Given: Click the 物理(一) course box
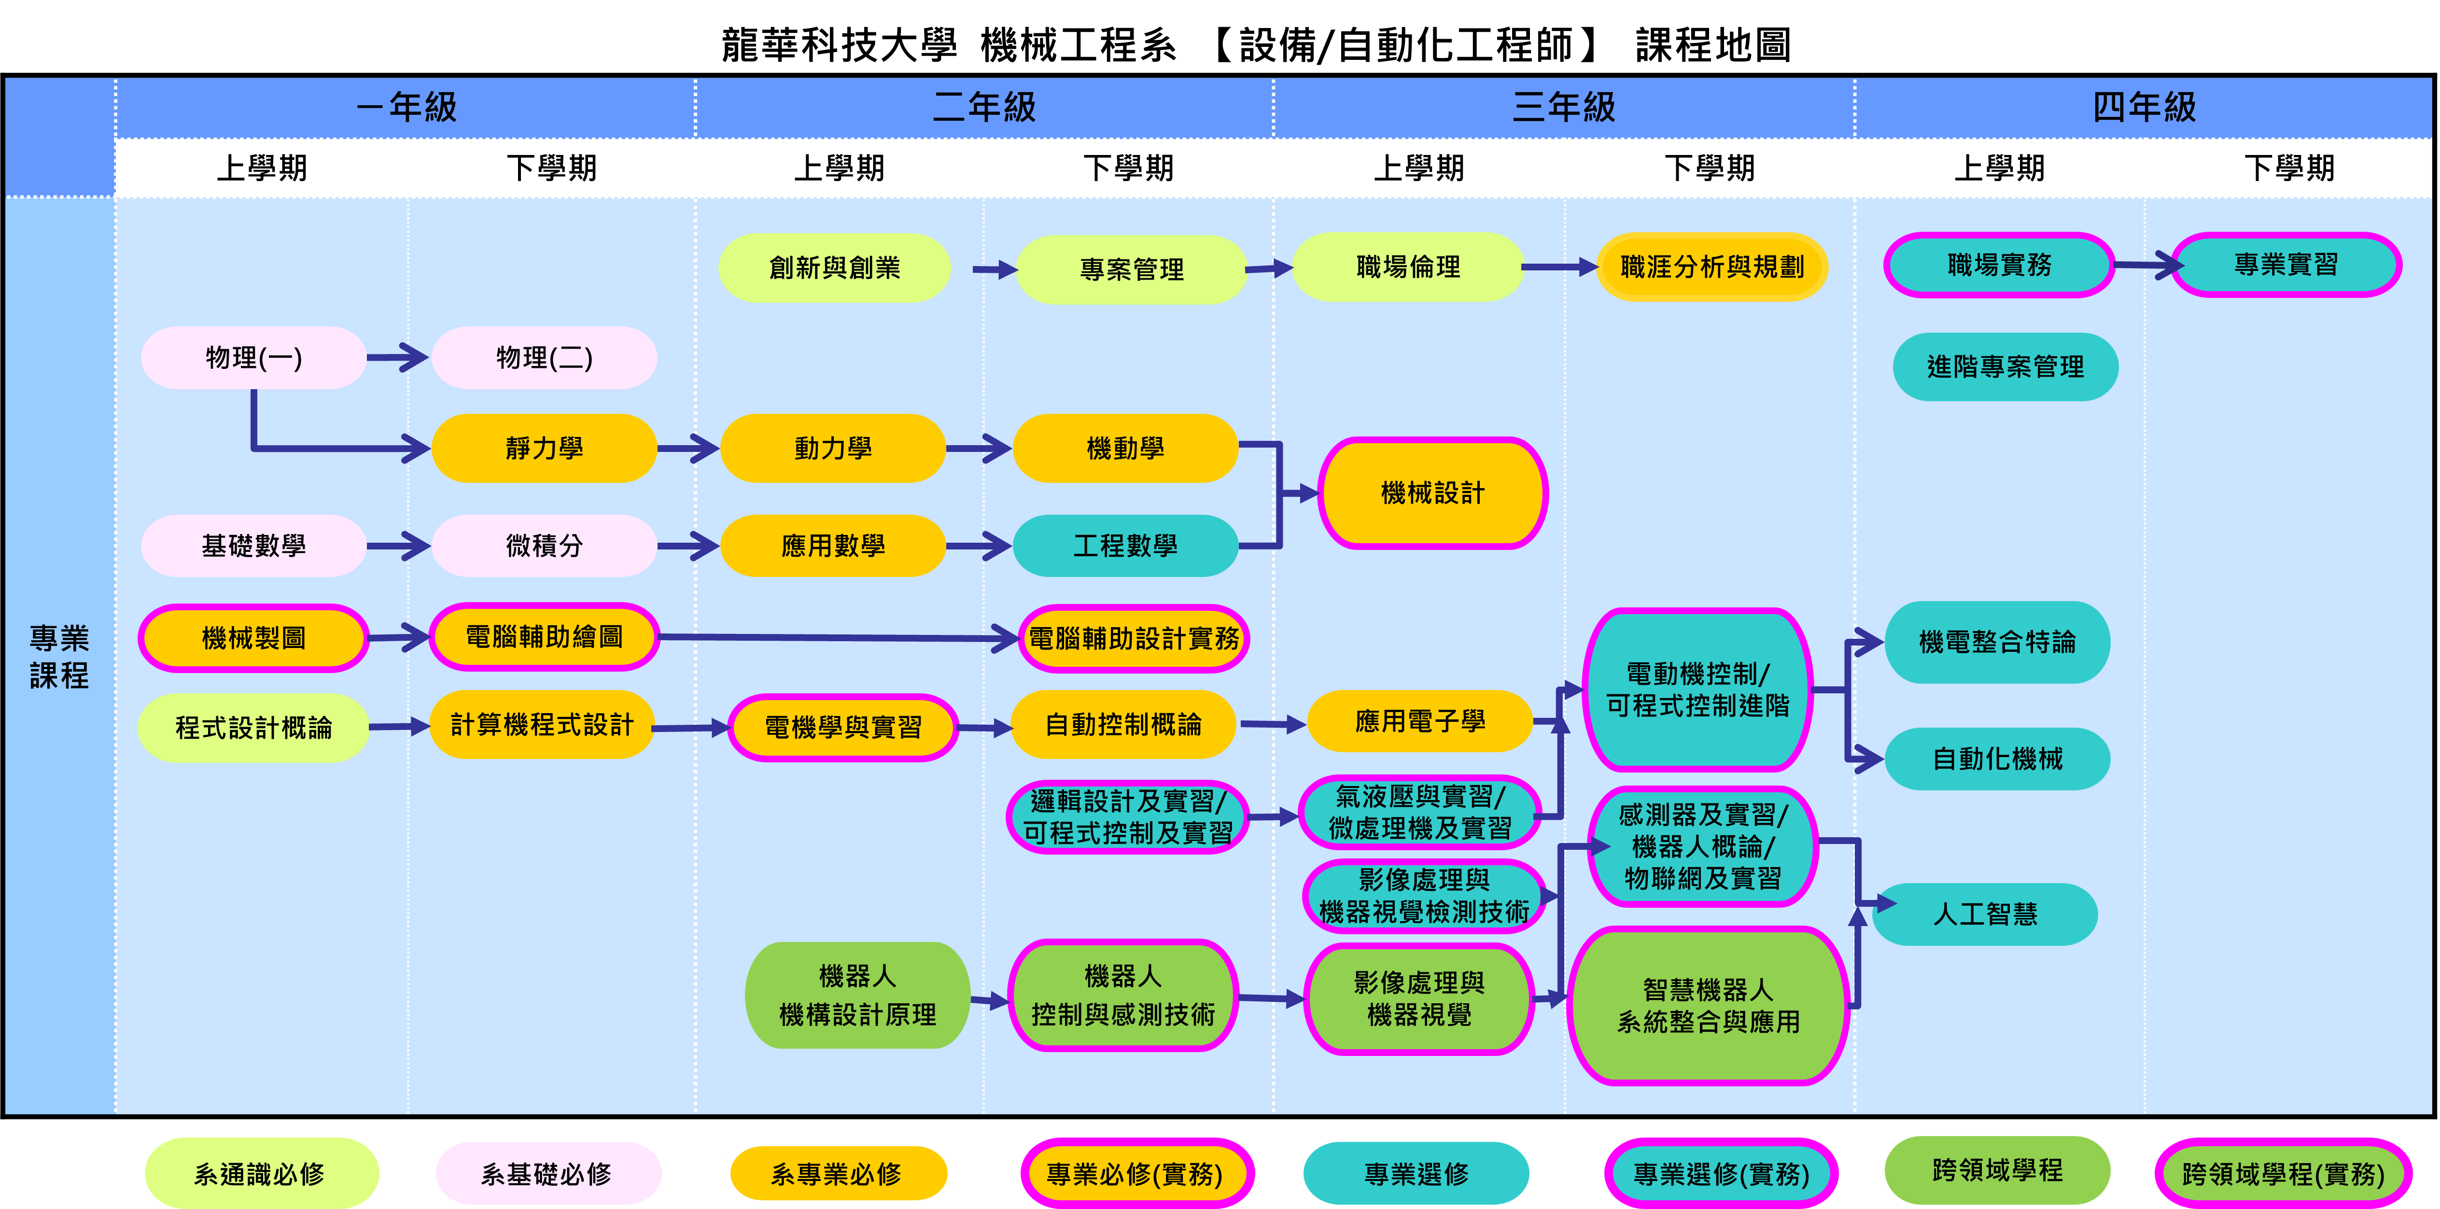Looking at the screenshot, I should pos(253,358).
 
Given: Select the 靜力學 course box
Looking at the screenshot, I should pos(544,448).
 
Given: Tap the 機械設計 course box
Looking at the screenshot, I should pos(1432,492).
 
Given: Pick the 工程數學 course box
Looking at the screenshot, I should pos(1125,546).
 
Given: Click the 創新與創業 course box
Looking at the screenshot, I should pos(834,268).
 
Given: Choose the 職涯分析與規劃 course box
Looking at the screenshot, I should pos(1711,267).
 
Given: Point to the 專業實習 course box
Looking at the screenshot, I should pos(2286,265).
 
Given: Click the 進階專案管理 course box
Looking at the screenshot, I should pos(2005,366).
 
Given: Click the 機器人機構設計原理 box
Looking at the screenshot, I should pos(857,995).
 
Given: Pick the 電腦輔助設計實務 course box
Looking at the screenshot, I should pos(1133,639).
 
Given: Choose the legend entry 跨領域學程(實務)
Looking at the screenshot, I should pos(2283,1174).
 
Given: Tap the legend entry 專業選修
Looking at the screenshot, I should pos(1416,1174).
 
